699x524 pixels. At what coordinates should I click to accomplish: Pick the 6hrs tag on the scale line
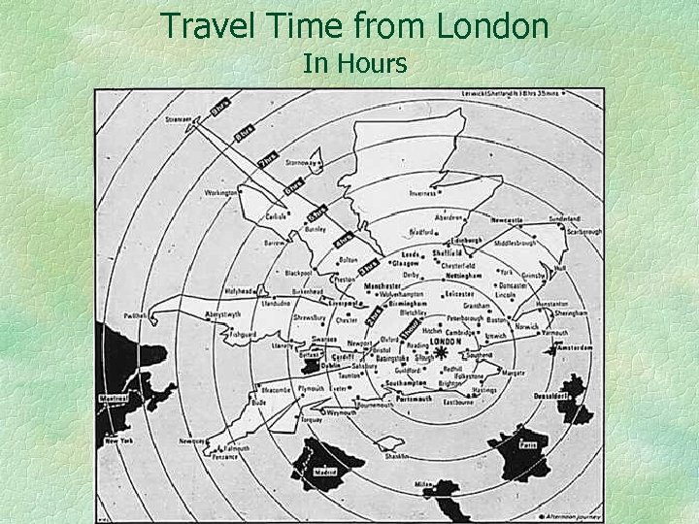click(x=296, y=180)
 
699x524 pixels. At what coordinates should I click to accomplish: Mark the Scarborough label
click(x=586, y=231)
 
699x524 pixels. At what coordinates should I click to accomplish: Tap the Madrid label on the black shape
click(x=330, y=474)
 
